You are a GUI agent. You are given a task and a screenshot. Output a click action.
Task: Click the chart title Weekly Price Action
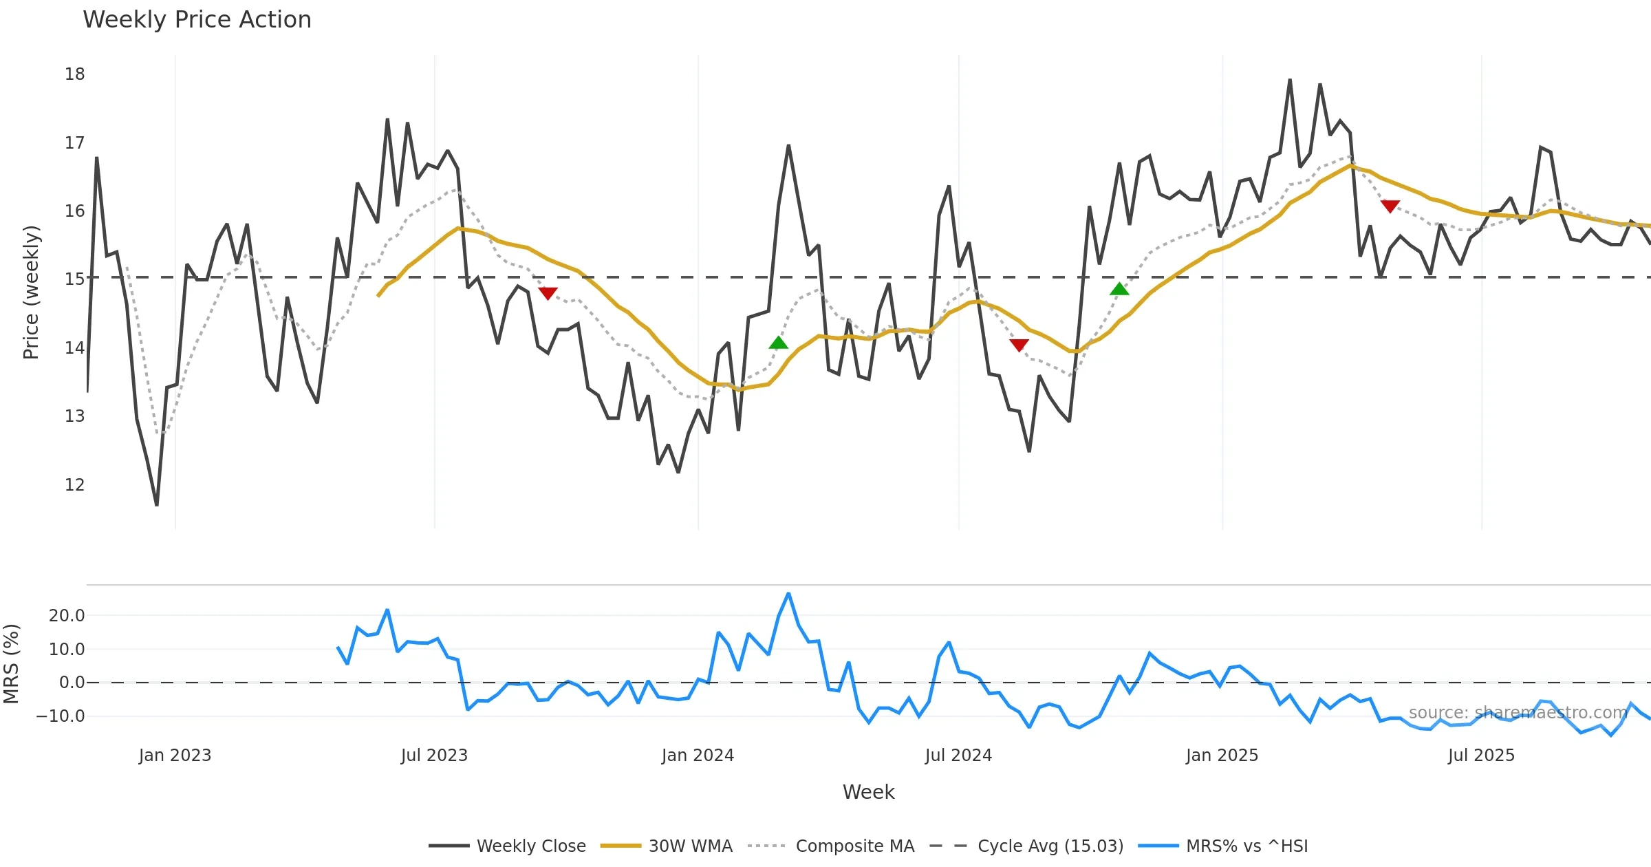pyautogui.click(x=197, y=20)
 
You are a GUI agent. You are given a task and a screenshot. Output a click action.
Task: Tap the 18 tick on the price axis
pyautogui.click(x=75, y=74)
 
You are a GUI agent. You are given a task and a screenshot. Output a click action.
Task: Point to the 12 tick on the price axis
pyautogui.click(x=75, y=485)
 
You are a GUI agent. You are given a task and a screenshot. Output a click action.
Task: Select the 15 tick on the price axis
pyautogui.click(x=75, y=279)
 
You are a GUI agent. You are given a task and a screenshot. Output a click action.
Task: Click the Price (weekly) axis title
pyautogui.click(x=32, y=292)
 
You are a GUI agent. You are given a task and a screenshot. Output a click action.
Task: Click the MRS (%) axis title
pyautogui.click(x=12, y=664)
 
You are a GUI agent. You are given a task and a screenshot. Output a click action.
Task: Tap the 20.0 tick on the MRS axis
pyautogui.click(x=67, y=616)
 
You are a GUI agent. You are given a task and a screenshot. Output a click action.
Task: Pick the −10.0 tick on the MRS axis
pyautogui.click(x=61, y=716)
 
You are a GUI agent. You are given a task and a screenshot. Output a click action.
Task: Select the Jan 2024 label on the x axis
pyautogui.click(x=698, y=756)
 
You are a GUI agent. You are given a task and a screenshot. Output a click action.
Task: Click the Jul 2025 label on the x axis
pyautogui.click(x=1481, y=756)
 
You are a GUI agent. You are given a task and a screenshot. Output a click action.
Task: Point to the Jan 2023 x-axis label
pyautogui.click(x=175, y=756)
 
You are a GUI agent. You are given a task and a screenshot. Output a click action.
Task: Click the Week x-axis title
pyautogui.click(x=868, y=793)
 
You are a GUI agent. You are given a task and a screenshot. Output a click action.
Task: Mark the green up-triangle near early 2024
pyautogui.click(x=778, y=343)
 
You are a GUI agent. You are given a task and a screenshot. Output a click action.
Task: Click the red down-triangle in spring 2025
pyautogui.click(x=1390, y=206)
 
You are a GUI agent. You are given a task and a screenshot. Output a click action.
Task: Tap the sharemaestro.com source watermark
pyautogui.click(x=1518, y=713)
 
